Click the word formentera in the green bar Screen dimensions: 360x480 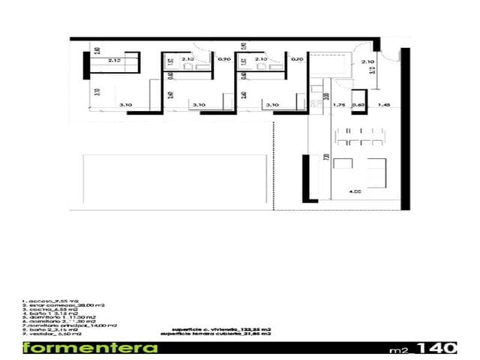[x=90, y=348]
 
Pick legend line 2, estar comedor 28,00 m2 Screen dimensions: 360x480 [x=63, y=305]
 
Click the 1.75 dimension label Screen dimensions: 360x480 [x=338, y=106]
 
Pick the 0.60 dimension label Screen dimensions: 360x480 [x=358, y=106]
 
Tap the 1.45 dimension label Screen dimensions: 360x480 [x=384, y=106]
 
